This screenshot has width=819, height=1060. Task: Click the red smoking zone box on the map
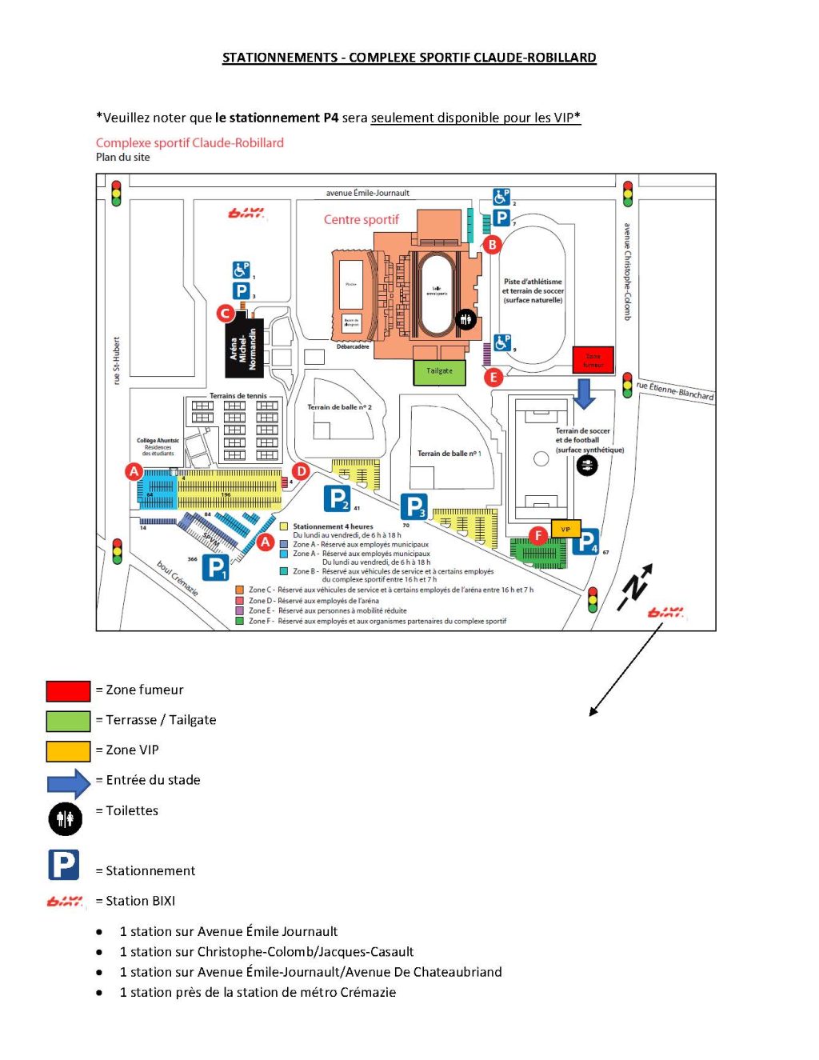coord(593,360)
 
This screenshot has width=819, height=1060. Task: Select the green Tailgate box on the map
coord(439,372)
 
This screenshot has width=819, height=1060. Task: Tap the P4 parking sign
coord(586,542)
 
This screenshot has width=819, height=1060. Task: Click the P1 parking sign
coord(216,567)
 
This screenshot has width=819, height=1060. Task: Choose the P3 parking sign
coord(414,506)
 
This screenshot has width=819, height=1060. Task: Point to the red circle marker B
coord(493,245)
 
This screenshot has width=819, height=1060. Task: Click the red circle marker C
coord(226,313)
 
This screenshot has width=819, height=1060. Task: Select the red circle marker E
coord(493,377)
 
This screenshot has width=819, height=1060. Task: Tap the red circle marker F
coord(538,535)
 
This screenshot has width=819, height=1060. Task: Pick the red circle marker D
coord(302,472)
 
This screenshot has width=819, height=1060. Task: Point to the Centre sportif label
coord(361,220)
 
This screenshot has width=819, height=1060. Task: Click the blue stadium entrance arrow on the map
coord(585,394)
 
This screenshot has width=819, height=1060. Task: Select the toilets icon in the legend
coord(65,818)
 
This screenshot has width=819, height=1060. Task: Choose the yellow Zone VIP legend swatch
coord(68,750)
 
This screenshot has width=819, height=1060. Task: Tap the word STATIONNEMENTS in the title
coord(280,58)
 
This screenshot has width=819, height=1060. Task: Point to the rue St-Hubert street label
coord(117,360)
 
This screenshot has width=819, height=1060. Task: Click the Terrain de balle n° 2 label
coord(339,407)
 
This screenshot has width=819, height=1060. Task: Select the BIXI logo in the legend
coord(65,902)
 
